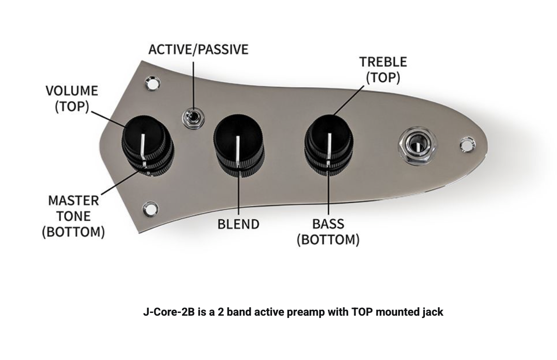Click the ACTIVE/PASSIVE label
(198, 49)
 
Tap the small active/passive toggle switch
(194, 119)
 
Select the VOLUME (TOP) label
(72, 99)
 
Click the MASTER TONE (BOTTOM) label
(73, 216)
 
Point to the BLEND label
(238, 224)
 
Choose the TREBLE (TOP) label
(383, 70)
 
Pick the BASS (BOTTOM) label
(328, 232)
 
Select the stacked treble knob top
(329, 136)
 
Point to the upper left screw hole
(152, 83)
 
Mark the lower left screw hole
(151, 209)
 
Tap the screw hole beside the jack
(468, 144)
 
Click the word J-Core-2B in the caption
(169, 312)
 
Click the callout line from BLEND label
(239, 189)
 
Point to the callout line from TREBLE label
(348, 101)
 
